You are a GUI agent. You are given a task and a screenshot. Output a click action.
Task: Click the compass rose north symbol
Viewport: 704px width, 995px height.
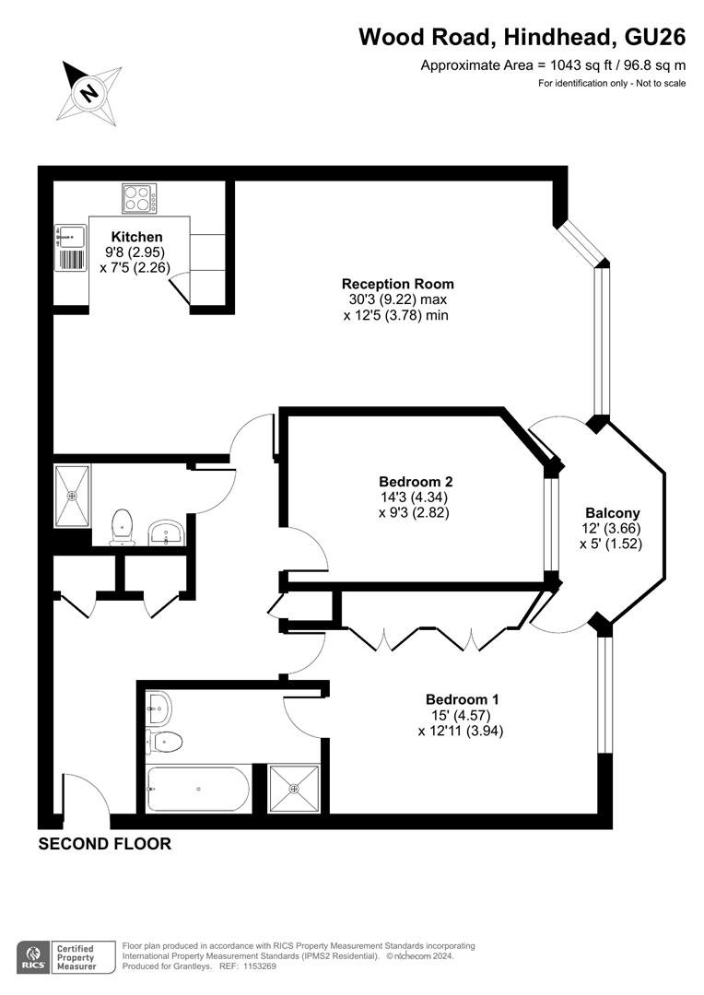coord(89,93)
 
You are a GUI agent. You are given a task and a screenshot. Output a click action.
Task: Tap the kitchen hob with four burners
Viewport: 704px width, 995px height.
coord(140,198)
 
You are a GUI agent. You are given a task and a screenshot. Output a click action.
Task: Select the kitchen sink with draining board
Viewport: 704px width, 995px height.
coord(70,248)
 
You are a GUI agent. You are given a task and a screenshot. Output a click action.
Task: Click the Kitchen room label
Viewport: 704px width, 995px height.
coord(136,237)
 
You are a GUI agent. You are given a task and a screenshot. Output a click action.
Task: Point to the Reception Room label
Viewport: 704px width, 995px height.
coord(397,284)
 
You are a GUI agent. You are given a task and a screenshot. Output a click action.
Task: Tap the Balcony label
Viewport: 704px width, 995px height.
coord(612,513)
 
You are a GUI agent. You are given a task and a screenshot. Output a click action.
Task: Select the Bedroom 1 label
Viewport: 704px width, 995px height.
coord(463,699)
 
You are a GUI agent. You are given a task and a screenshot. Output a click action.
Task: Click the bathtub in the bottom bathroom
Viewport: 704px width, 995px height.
coord(198,789)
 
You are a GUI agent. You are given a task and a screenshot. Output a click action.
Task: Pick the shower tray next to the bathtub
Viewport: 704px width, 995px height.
coord(294,789)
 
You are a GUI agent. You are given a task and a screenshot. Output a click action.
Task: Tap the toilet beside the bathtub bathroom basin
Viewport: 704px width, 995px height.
coord(165,741)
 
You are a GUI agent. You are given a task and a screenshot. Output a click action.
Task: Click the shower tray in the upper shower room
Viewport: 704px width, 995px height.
coord(73,496)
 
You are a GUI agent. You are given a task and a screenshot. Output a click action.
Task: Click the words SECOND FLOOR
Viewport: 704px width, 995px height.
coord(105,843)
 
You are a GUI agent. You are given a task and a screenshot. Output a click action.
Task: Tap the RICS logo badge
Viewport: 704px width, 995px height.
coord(35,957)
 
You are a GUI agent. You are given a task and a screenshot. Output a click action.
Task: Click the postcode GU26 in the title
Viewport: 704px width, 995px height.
coord(655,38)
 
